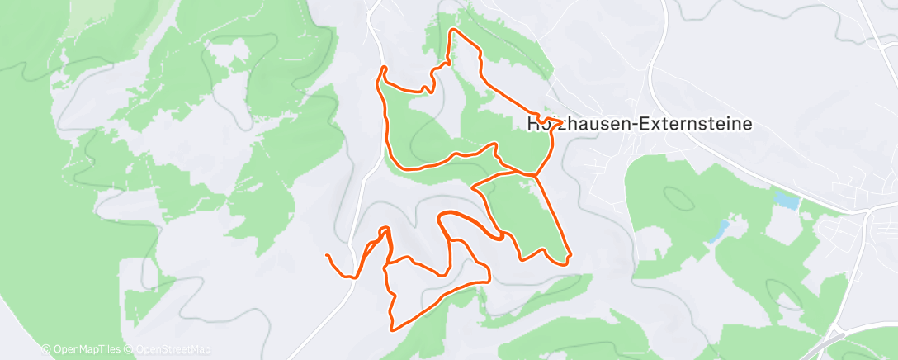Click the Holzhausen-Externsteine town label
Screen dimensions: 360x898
(x=639, y=124)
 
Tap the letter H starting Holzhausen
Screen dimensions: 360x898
(x=532, y=124)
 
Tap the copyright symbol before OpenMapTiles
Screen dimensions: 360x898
(x=46, y=350)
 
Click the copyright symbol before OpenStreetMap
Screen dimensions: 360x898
(x=130, y=350)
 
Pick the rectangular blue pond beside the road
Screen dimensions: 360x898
(x=787, y=201)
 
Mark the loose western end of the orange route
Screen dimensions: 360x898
(x=328, y=256)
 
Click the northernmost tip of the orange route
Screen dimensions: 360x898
(x=451, y=31)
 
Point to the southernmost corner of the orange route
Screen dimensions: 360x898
(x=393, y=329)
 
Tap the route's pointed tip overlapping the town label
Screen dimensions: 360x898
(x=562, y=121)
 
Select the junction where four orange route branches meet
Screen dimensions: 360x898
(x=534, y=175)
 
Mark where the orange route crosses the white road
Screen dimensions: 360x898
(x=355, y=277)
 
